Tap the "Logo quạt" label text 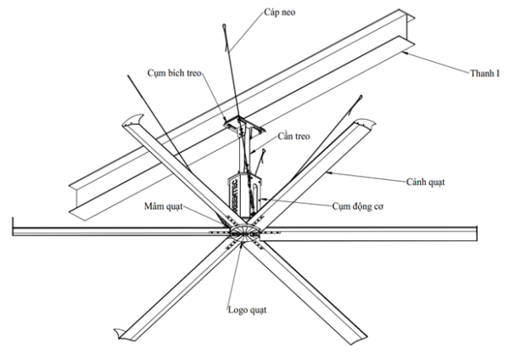[x=247, y=309]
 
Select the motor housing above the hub [x=242, y=194]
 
